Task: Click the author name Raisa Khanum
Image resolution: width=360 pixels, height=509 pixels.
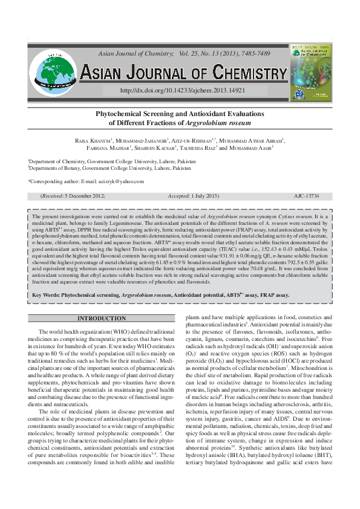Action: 92,141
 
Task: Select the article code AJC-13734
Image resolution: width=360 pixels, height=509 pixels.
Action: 306,196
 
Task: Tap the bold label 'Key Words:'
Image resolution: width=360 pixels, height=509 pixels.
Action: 45,295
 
